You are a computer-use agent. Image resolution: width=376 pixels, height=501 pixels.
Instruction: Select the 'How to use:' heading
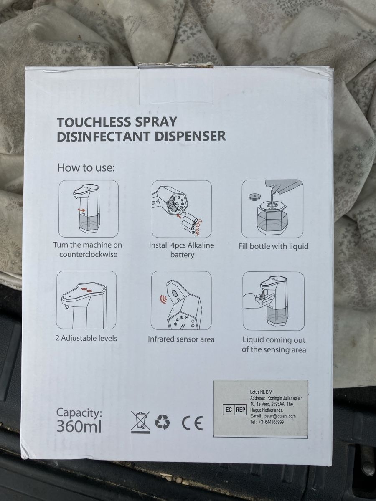click(x=86, y=168)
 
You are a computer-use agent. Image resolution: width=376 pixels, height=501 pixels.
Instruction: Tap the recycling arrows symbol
click(x=163, y=422)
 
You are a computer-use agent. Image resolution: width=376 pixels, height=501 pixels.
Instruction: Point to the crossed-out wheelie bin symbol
click(x=141, y=422)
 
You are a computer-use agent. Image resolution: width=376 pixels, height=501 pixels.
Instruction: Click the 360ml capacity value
click(x=79, y=426)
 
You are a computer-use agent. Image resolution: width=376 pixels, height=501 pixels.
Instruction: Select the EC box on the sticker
click(x=229, y=410)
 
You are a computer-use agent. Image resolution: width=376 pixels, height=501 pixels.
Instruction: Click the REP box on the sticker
click(x=241, y=410)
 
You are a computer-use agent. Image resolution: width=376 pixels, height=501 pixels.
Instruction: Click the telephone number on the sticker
click(x=272, y=422)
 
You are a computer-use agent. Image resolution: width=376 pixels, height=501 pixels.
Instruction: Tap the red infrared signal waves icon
click(x=163, y=299)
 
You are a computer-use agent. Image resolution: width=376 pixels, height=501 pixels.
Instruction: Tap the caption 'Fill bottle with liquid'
click(x=273, y=246)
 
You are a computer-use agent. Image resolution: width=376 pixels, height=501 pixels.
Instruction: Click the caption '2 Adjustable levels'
click(x=86, y=338)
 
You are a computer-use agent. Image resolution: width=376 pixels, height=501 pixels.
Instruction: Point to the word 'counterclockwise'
click(x=88, y=254)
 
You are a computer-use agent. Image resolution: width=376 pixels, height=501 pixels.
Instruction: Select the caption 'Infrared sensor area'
click(x=181, y=339)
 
